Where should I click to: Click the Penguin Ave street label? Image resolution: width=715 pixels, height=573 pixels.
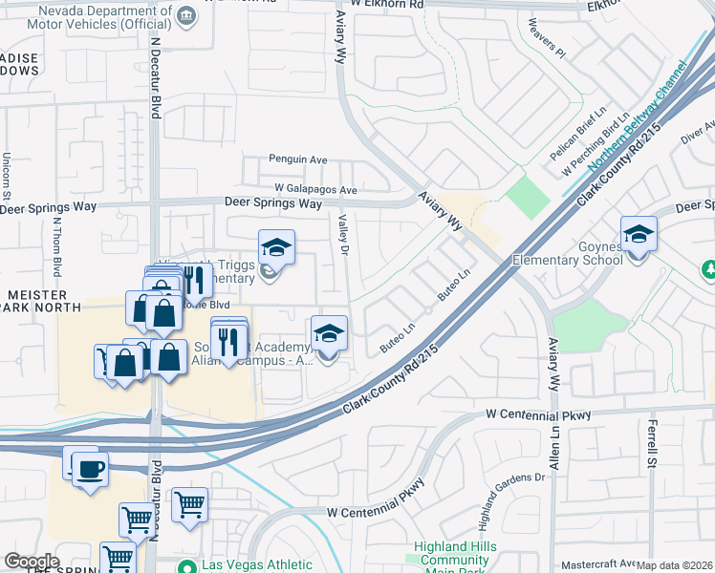[x=298, y=159]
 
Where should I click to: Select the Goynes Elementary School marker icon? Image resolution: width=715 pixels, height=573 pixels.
[x=639, y=233]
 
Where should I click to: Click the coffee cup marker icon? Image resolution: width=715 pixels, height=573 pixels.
[x=91, y=469]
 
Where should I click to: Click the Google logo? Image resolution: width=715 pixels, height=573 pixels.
[x=32, y=562]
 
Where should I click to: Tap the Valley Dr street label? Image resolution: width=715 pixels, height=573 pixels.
[x=341, y=235]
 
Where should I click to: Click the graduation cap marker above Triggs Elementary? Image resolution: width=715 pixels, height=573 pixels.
[x=276, y=247]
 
